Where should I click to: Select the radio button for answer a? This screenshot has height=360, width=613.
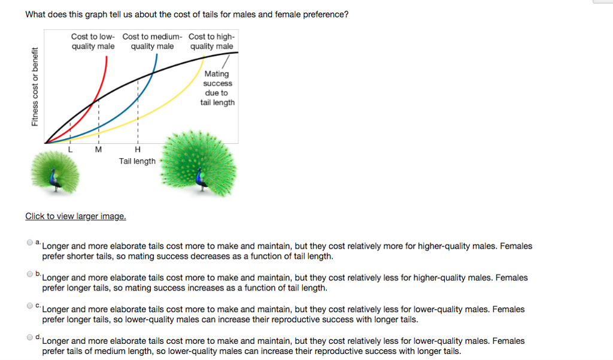(30, 243)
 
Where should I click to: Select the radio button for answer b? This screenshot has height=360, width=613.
(30, 274)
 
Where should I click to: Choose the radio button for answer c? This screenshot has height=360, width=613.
(30, 305)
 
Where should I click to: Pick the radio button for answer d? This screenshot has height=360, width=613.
(30, 337)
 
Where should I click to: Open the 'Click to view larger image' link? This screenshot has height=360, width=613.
(75, 216)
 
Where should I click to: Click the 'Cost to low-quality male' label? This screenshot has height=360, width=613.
(93, 41)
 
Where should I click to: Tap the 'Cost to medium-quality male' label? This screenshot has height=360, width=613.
(152, 41)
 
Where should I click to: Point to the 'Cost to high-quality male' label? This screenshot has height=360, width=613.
(212, 41)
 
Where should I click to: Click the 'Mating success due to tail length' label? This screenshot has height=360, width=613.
(217, 88)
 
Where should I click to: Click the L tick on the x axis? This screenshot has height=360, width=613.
(71, 149)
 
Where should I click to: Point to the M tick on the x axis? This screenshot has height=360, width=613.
(99, 149)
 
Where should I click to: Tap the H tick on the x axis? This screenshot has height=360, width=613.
(138, 149)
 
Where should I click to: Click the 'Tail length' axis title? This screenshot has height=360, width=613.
(137, 161)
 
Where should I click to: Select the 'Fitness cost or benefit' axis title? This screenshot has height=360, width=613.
(36, 87)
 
